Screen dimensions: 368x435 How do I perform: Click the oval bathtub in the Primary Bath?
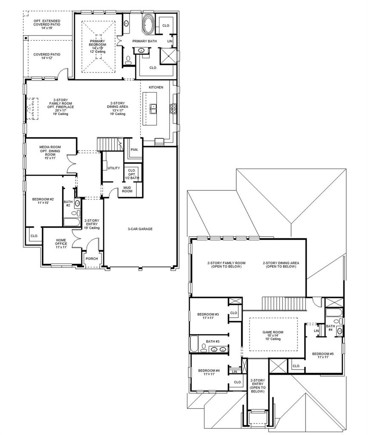point(148,24)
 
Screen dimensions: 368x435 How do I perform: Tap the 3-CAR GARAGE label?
point(140,229)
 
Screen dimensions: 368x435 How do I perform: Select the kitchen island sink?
point(153,109)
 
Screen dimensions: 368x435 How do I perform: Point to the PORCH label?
point(92,259)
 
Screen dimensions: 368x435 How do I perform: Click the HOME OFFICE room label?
point(61,243)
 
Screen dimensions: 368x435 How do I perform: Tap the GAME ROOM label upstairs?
point(273,332)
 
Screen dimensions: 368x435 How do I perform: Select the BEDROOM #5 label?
point(323,354)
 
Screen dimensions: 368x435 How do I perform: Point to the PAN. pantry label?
point(134,150)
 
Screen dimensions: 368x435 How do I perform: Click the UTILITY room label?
point(114,168)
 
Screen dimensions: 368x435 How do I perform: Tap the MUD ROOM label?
point(127,189)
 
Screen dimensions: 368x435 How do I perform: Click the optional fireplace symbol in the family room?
point(32,108)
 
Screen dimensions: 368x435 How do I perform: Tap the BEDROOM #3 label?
point(208,314)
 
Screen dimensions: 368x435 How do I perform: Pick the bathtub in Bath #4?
point(333,312)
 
